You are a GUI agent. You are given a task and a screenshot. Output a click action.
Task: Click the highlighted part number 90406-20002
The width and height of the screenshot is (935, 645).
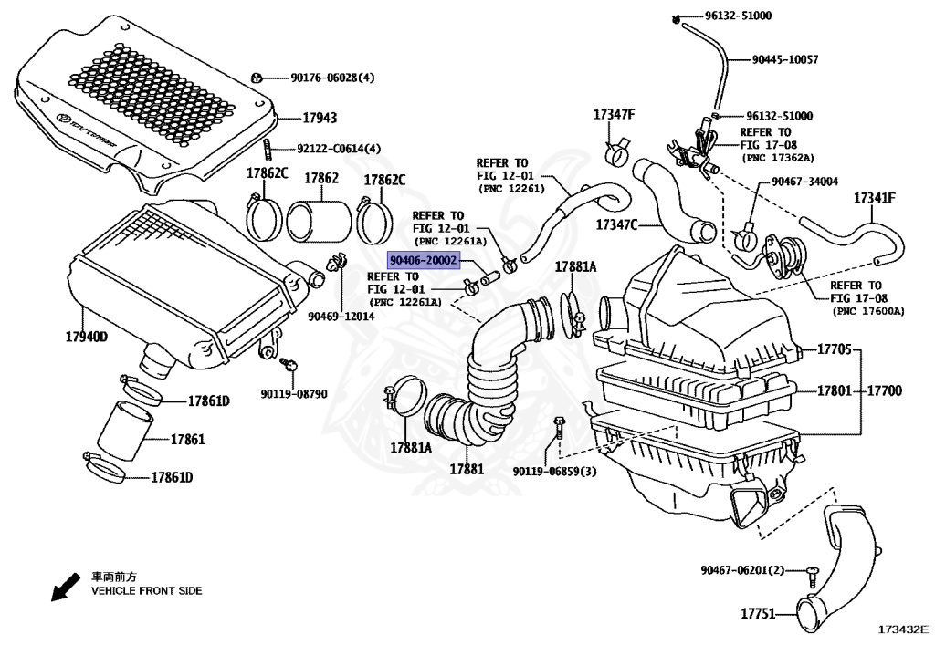(x=423, y=260)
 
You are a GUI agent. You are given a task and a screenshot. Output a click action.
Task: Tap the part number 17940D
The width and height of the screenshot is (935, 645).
(x=87, y=338)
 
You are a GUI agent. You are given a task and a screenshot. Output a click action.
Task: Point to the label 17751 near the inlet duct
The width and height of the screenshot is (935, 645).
(x=758, y=614)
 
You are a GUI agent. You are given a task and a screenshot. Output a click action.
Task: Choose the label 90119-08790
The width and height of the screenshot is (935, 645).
(x=292, y=394)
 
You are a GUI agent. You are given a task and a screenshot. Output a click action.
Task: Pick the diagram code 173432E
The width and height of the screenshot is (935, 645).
(x=902, y=629)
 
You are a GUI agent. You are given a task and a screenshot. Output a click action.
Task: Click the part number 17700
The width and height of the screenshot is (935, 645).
(x=884, y=391)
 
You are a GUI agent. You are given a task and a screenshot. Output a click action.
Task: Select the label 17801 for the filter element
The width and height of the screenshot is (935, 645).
(x=834, y=391)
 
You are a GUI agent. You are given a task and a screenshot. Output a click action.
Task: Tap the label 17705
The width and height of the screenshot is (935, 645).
(x=834, y=349)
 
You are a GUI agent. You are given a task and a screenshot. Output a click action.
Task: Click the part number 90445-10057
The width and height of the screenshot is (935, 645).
(x=785, y=60)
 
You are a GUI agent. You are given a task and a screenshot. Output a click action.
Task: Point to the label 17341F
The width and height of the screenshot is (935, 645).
(x=876, y=198)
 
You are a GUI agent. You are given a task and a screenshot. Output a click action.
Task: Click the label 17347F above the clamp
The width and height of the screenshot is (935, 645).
(x=614, y=115)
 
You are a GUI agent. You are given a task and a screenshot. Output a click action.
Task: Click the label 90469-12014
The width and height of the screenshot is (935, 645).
(x=341, y=316)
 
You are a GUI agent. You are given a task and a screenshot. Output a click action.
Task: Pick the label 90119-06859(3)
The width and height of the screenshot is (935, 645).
(x=554, y=471)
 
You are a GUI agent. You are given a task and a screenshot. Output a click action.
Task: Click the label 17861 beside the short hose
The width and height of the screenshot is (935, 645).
(x=187, y=440)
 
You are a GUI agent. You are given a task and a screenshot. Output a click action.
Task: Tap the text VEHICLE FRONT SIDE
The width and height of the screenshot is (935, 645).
(x=146, y=591)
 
